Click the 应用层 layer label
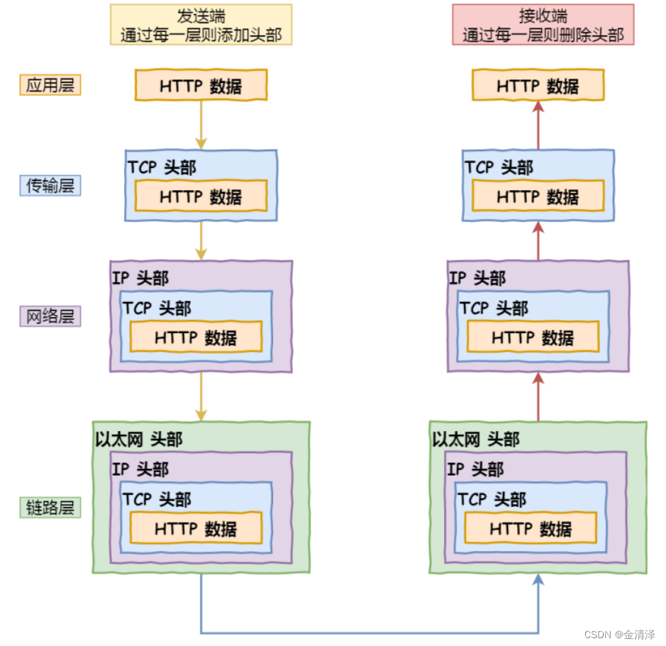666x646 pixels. point(50,85)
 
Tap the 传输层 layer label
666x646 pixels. point(50,186)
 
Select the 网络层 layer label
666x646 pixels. point(50,316)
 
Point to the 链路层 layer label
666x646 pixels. point(50,508)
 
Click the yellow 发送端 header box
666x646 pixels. point(201,25)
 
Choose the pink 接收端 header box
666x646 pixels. point(543,25)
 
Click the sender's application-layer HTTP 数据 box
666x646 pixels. point(201,86)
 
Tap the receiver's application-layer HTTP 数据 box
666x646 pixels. point(538,86)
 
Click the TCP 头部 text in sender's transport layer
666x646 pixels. point(162,167)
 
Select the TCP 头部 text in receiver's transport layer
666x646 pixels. point(499,167)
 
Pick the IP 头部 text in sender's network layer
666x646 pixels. point(140,277)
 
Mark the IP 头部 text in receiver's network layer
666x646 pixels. point(477,277)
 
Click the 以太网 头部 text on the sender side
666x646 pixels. point(138,440)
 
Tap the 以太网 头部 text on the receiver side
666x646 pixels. point(475,440)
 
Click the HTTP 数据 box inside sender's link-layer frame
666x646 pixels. point(196,528)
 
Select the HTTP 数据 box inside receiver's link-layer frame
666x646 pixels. point(531,528)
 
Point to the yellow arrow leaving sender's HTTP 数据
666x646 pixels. point(201,124)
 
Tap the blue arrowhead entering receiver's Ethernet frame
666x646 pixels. point(538,580)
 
